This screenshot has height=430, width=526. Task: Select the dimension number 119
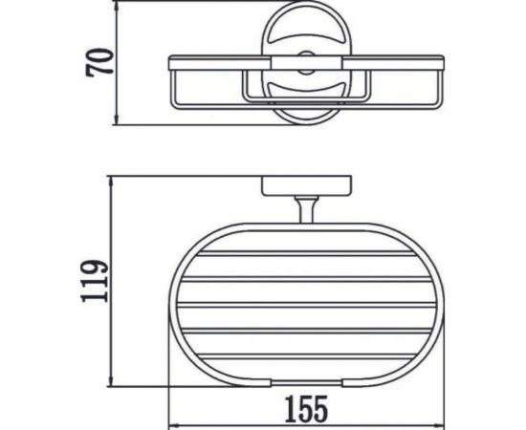pos(93,283)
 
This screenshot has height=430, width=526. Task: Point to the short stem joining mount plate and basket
pos(306,208)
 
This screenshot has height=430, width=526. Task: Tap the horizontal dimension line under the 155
pos(306,424)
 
